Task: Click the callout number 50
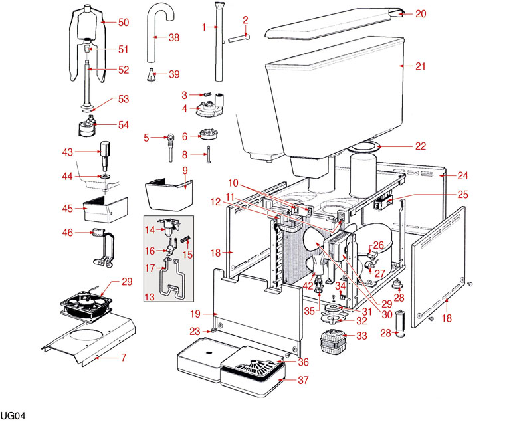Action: click(124, 22)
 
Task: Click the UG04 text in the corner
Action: click(13, 416)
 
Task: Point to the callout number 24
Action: click(462, 176)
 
